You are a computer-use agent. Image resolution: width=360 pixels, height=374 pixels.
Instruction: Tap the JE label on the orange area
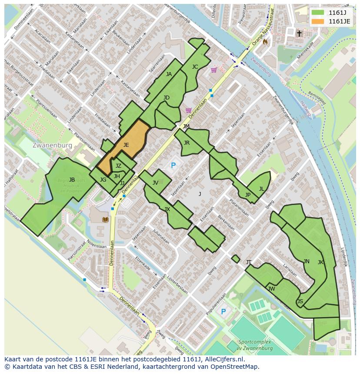tap(126, 145)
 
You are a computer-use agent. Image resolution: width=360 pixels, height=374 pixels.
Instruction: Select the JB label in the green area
tap(72, 180)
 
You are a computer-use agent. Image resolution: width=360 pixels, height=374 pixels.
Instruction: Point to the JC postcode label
tap(195, 67)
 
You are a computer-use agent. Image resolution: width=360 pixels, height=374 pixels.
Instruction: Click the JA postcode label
tap(169, 74)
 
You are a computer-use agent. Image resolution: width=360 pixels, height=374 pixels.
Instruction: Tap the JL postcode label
tap(261, 189)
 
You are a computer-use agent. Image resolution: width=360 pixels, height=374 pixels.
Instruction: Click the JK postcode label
tap(320, 262)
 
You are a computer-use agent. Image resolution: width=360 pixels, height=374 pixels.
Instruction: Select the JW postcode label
tap(272, 289)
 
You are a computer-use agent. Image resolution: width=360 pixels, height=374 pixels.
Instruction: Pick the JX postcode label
tap(167, 209)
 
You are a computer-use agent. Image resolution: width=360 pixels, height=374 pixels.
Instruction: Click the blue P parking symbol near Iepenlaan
tap(173, 165)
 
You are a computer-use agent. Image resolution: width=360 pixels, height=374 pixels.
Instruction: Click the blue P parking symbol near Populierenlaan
tap(223, 311)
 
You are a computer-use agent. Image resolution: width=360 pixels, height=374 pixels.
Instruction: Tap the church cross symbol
tap(299, 33)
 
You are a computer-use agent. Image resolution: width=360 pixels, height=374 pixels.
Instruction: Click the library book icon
tap(105, 219)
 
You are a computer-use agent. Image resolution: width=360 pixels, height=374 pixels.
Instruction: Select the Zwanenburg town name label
tap(52, 145)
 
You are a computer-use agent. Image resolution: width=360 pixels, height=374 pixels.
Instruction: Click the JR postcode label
tap(187, 142)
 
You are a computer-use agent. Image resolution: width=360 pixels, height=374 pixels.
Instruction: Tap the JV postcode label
tap(155, 183)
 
